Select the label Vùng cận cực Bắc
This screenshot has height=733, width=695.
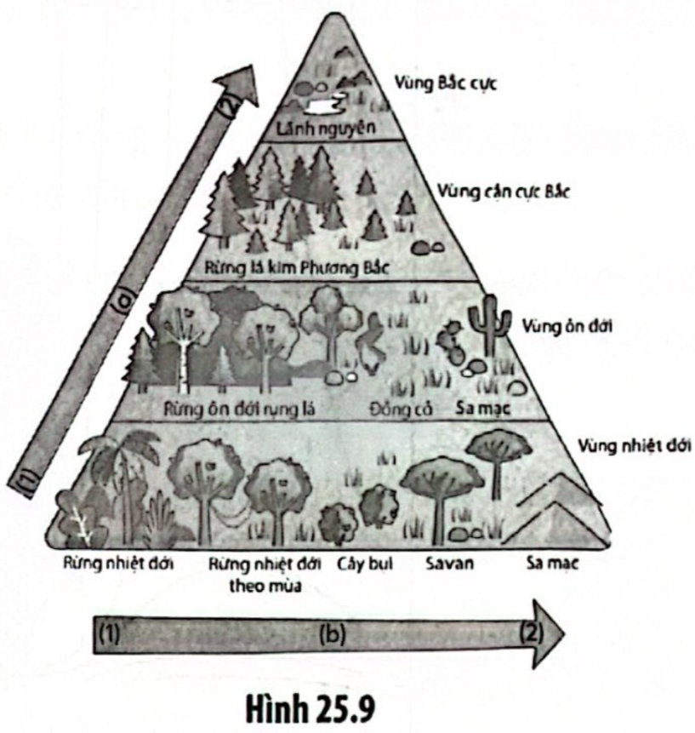[x=499, y=191]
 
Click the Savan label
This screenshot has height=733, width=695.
[x=448, y=564]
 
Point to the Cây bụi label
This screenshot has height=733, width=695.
[x=363, y=564]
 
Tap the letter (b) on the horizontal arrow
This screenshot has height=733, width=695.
[x=332, y=635]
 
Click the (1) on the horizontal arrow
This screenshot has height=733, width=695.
[x=111, y=634]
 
